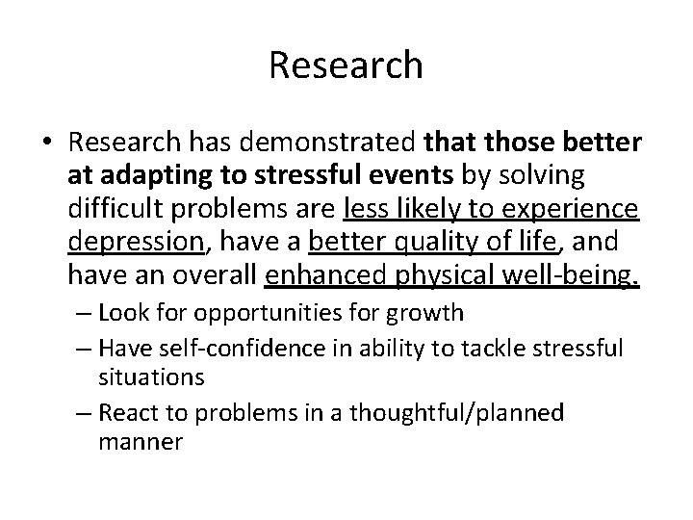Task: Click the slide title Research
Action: (x=346, y=65)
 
